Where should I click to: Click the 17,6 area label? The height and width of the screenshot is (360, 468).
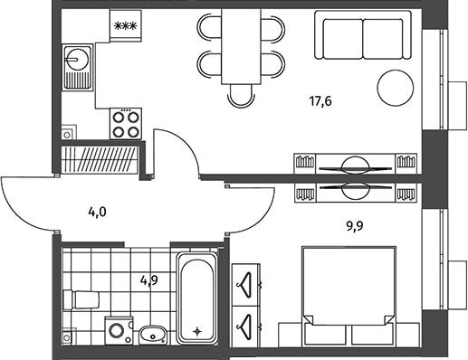point(320,101)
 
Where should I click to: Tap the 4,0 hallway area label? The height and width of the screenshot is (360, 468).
point(97,213)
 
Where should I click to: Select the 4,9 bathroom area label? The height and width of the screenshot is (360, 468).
point(149,280)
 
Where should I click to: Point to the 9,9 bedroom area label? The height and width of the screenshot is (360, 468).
point(354,225)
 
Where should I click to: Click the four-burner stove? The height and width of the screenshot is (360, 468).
point(126,124)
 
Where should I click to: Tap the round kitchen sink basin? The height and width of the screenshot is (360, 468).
point(78,59)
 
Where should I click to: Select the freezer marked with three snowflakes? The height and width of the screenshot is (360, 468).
point(126,26)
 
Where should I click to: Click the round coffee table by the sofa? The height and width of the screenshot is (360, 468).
point(396,88)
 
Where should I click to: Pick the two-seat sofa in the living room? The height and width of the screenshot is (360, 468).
point(363,34)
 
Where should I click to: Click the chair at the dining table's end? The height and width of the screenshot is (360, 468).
point(241,96)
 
